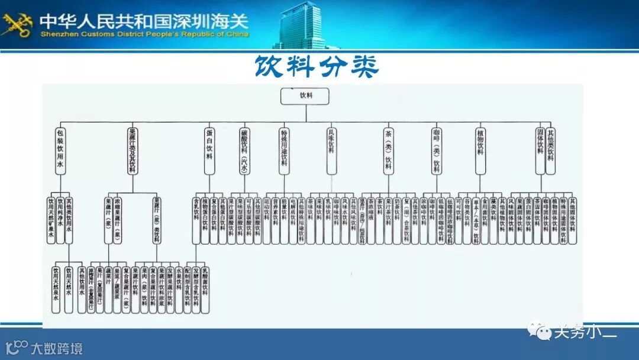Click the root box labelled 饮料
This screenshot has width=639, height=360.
tap(305, 96)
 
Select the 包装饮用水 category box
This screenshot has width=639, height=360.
tap(60, 151)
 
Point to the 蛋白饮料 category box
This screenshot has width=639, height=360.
tap(209, 151)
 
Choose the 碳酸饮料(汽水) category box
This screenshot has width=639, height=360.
tap(244, 151)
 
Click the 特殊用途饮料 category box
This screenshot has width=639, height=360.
tap(284, 151)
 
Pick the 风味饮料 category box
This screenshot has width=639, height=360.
tap(331, 151)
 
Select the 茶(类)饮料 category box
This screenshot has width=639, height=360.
tap(388, 151)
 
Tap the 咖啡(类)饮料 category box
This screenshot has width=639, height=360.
tap(436, 151)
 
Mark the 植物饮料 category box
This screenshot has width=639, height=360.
tap(480, 151)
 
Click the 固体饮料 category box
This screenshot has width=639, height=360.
tap(540, 151)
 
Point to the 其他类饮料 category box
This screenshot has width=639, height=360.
tap(550, 151)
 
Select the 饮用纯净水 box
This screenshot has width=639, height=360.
tap(60, 219)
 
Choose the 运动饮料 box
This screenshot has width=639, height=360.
tap(267, 219)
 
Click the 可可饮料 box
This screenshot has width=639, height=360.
tap(459, 219)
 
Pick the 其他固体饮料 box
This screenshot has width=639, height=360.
tap(572, 219)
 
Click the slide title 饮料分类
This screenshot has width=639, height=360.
tap(317, 66)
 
